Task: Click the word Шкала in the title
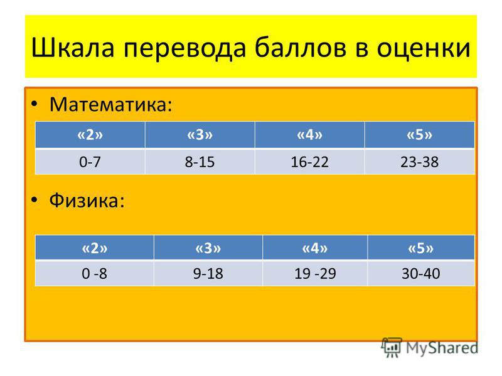73,48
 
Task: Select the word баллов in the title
301,48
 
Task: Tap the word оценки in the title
423,49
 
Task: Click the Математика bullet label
111,104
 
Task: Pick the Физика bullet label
87,201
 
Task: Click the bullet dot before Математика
35,104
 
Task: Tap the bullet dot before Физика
35,200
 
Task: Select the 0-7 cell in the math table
90,162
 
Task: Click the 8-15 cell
200,162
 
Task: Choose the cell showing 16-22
309,162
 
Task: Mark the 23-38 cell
419,162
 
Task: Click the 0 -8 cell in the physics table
95,273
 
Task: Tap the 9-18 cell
208,273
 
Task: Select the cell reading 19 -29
315,273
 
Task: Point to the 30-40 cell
421,273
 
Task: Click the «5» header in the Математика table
419,135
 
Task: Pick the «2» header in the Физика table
95,248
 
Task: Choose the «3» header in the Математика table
200,135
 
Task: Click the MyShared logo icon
391,347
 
